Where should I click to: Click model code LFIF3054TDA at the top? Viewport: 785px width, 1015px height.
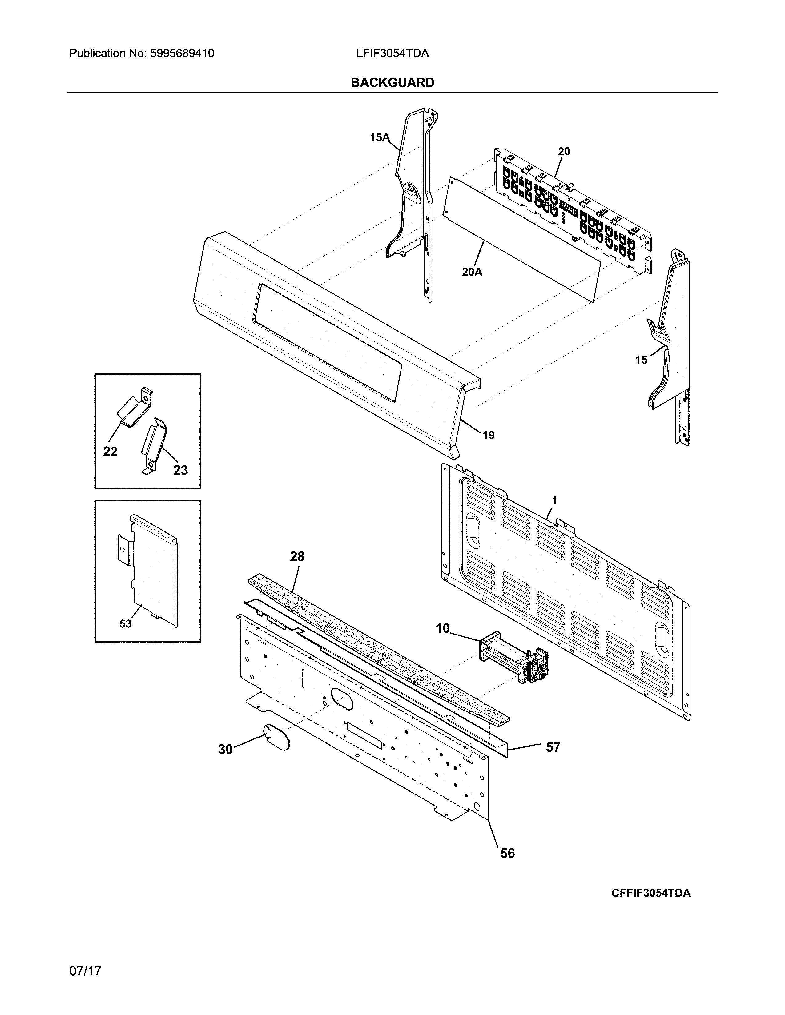[x=392, y=54]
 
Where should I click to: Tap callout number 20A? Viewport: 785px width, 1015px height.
[x=472, y=272]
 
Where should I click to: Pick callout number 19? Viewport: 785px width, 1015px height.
[x=488, y=436]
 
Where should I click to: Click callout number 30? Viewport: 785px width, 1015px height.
[x=226, y=749]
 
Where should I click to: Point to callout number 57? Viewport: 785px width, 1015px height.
[x=553, y=747]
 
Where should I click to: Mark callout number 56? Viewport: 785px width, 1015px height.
[x=507, y=853]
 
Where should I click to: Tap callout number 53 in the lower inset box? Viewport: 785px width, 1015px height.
[x=126, y=624]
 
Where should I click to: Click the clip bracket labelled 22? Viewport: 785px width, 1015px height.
[x=134, y=406]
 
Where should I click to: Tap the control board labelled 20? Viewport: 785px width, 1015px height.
[x=572, y=212]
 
